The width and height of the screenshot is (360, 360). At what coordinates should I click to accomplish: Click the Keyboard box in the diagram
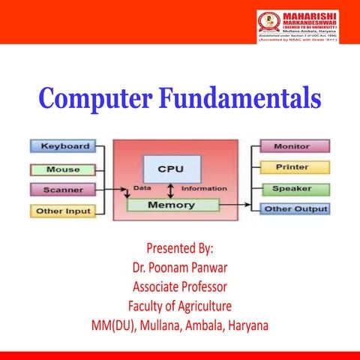pyautogui.click(x=64, y=145)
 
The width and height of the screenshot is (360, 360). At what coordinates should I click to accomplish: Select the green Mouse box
pyautogui.click(x=63, y=169)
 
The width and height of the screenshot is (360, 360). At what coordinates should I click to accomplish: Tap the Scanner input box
pyautogui.click(x=63, y=190)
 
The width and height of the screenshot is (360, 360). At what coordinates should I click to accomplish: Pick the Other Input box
pyautogui.click(x=63, y=211)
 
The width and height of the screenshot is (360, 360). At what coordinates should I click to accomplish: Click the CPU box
pyautogui.click(x=172, y=169)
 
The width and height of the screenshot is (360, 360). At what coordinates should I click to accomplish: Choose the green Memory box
pyautogui.click(x=172, y=204)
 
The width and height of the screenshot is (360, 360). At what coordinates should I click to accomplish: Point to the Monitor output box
pyautogui.click(x=292, y=145)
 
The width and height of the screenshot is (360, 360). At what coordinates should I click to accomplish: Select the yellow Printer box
pyautogui.click(x=292, y=166)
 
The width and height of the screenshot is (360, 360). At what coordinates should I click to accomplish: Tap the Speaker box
pyautogui.click(x=292, y=188)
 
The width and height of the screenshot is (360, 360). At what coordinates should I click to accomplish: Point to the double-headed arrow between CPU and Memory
pyautogui.click(x=171, y=189)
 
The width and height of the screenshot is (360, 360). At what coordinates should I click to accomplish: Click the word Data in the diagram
pyautogui.click(x=143, y=187)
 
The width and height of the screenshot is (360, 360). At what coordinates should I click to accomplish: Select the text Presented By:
pyautogui.click(x=180, y=247)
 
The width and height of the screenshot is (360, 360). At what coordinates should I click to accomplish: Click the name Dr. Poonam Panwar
pyautogui.click(x=180, y=267)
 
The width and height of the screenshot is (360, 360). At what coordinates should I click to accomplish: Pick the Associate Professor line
pyautogui.click(x=180, y=286)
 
